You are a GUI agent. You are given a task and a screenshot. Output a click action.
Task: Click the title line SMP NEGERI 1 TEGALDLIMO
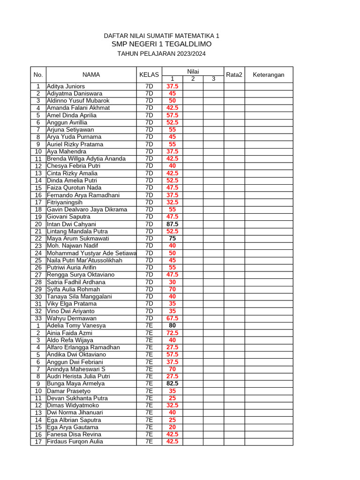(161, 44)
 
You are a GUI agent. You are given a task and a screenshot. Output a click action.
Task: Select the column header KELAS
(149, 75)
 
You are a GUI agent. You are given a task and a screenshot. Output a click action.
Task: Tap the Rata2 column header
(234, 75)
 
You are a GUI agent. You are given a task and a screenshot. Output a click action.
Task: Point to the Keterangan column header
(269, 75)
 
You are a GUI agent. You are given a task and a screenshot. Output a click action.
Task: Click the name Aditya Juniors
(66, 86)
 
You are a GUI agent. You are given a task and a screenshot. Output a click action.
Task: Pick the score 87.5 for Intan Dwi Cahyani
(172, 224)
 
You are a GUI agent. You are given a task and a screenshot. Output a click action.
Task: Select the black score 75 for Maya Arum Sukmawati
(172, 239)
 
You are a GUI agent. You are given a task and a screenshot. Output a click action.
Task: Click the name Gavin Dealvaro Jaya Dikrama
(87, 210)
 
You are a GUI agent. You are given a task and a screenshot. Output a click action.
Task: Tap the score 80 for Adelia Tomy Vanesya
(172, 325)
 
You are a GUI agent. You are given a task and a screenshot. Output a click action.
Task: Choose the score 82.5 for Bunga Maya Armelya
(172, 383)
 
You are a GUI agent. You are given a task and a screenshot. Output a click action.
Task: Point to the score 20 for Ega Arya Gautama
(172, 427)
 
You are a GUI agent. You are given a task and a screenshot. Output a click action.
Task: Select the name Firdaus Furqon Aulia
(75, 442)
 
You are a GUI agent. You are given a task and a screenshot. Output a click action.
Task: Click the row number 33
(38, 318)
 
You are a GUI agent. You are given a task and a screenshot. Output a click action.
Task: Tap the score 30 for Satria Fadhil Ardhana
(172, 282)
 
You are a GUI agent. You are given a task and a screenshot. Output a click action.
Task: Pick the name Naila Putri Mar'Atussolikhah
(84, 260)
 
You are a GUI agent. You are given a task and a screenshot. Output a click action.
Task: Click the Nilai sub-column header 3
(213, 79)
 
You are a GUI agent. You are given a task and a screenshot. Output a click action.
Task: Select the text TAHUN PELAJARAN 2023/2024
(161, 54)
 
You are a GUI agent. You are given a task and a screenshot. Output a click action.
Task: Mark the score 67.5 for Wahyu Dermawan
(172, 318)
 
